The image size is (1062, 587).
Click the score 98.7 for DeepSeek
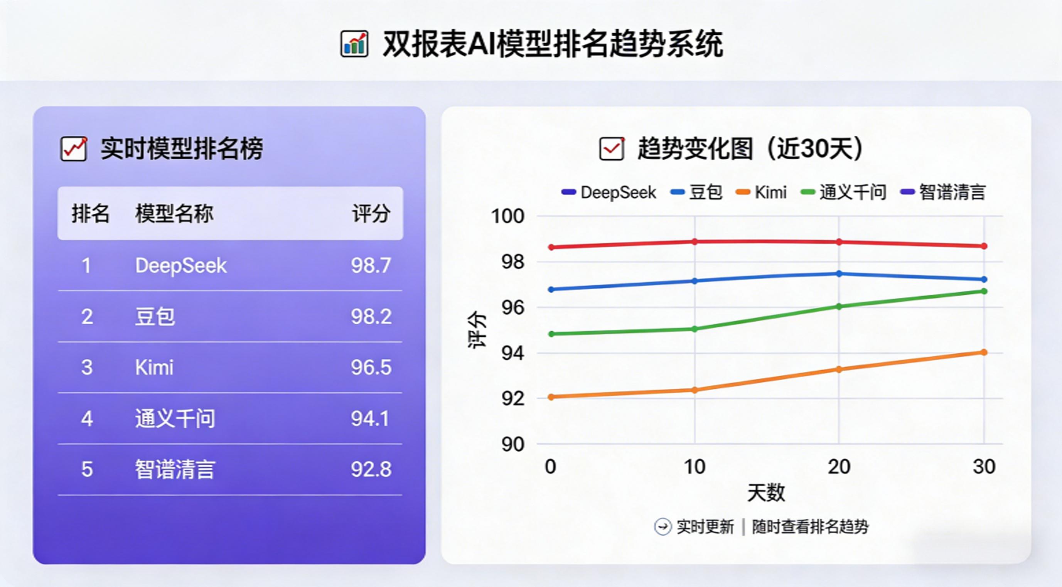371,265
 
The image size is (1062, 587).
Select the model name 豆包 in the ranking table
155,317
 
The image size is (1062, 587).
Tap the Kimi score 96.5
371,367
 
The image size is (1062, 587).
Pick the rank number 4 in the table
87,418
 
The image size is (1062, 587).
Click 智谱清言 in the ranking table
175,469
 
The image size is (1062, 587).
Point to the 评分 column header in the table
371,214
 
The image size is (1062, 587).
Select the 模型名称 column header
174,214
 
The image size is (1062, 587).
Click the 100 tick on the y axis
507,216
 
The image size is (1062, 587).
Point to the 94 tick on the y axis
512,353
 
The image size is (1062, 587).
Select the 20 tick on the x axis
839,467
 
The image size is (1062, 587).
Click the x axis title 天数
766,493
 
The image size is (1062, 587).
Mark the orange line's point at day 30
984,352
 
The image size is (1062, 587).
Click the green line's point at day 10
695,329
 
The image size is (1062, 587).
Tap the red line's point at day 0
551,247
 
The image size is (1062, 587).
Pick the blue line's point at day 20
839,274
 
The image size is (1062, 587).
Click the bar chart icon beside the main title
354,44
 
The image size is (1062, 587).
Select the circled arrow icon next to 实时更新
662,526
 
